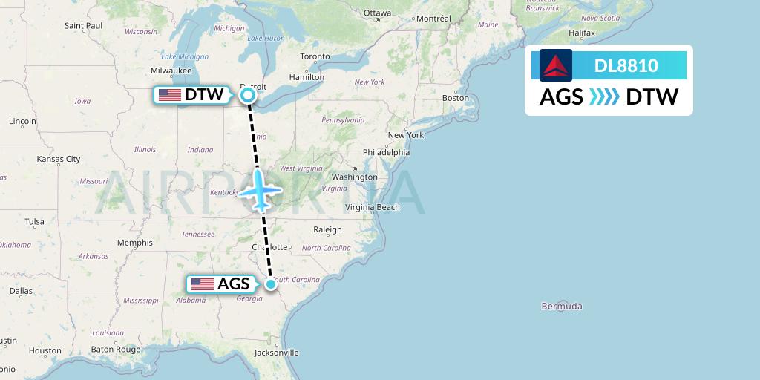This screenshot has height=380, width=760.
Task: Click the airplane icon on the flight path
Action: [259, 189]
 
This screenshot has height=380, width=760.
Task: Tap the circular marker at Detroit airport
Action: [248, 95]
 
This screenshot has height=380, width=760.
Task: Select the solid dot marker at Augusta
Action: [271, 284]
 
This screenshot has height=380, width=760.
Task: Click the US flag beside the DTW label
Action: [170, 95]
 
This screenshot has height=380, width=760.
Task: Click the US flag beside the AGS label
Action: [203, 284]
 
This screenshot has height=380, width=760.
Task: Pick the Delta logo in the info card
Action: [556, 66]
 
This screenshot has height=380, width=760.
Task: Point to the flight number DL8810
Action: [626, 66]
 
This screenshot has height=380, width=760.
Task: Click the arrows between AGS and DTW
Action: [604, 97]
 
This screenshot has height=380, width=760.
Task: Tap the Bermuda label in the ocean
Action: [562, 306]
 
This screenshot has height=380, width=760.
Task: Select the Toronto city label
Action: [315, 56]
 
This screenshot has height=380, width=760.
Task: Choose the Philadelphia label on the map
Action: [385, 152]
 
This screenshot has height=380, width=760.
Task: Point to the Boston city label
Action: [456, 98]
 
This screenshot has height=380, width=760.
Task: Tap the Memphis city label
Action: [134, 243]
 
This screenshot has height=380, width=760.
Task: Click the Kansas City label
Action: [59, 159]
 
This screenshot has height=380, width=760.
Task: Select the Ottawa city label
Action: [377, 13]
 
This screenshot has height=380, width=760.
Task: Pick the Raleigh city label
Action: [327, 229]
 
